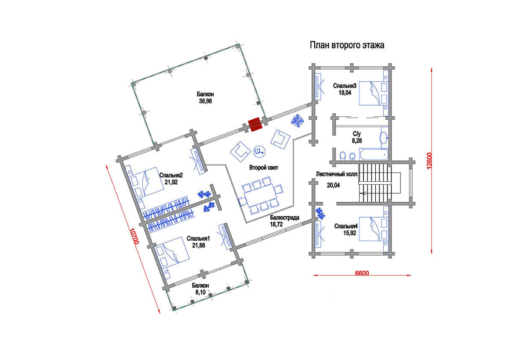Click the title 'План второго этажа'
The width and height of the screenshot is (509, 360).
point(347,45)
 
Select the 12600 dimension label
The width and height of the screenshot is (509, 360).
point(429,161)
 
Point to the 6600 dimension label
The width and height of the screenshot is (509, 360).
point(362,273)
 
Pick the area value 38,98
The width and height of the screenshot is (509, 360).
point(206,101)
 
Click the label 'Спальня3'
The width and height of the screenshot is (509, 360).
point(345,86)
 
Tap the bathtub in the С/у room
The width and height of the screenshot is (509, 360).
point(374,154)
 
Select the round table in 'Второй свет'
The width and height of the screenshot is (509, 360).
point(259,151)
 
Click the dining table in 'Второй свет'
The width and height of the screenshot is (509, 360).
point(260,196)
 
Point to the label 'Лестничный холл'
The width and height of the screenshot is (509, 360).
point(337,174)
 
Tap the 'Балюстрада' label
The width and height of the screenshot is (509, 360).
point(284,218)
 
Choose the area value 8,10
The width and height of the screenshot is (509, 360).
point(200,292)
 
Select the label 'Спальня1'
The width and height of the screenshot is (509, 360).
point(198,239)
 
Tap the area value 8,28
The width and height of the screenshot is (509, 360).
point(357,141)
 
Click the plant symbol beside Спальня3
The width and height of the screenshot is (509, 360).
point(298,121)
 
